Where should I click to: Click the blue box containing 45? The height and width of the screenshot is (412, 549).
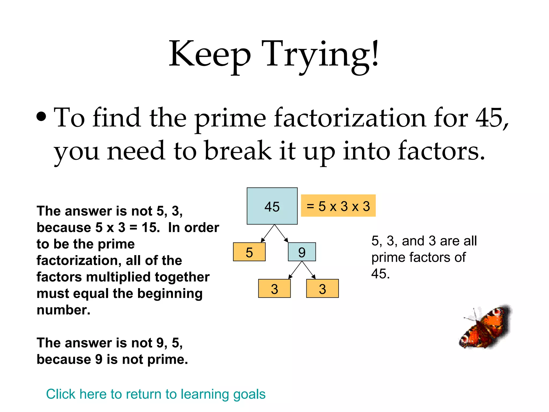[272, 206]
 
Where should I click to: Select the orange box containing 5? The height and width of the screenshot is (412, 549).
[249, 252]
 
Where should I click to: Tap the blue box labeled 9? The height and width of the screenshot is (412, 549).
[302, 252]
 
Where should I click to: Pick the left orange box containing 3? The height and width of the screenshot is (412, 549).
[274, 288]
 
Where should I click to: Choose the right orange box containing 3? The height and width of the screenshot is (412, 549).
[322, 288]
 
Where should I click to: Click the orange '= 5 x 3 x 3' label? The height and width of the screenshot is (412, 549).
[338, 205]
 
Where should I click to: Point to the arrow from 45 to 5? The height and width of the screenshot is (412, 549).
[268, 234]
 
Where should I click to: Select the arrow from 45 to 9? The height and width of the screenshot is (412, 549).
[281, 234]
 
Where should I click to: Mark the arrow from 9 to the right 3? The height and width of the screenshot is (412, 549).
[309, 270]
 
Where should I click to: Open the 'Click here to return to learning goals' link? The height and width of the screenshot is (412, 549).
[155, 394]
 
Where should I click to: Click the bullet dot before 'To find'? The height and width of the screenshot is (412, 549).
[41, 117]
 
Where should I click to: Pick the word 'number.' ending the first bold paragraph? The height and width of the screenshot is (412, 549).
[64, 310]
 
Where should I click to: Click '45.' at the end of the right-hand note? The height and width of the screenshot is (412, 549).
[380, 274]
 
